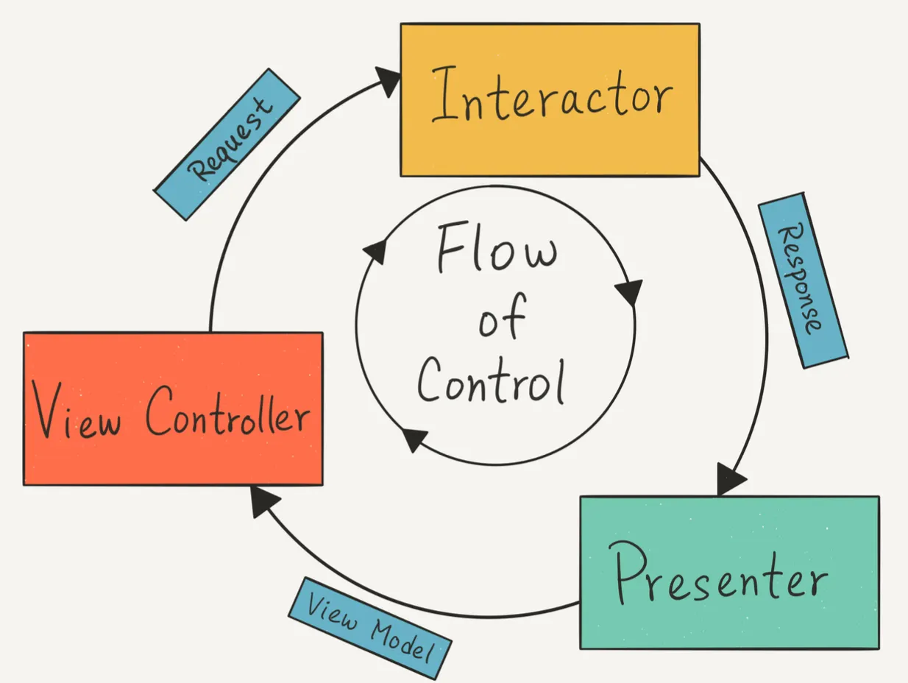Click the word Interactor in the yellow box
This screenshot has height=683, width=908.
point(553,94)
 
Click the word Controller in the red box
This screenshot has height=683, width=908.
point(227,411)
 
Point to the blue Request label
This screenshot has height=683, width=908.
point(227,144)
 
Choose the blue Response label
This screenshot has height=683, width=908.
point(804,280)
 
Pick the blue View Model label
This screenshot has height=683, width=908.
point(370,628)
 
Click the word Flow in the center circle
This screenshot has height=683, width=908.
point(497,247)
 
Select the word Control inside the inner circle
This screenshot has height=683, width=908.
point(492,381)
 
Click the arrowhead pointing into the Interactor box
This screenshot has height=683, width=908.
point(389,82)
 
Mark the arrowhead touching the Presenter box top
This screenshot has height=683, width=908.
point(730,479)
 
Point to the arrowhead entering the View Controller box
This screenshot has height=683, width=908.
point(264,500)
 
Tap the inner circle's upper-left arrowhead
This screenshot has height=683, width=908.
point(375,251)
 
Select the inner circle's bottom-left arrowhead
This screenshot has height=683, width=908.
point(414,439)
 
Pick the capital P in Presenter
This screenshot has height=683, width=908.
point(626,573)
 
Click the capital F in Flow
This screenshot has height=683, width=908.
point(451,247)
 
